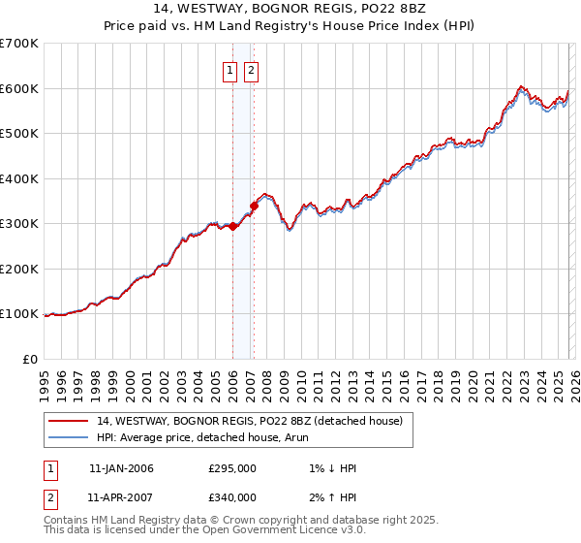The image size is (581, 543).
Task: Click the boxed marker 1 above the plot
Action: point(230,70)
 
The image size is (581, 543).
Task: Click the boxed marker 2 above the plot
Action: point(252,70)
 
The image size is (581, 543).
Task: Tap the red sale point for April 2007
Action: point(254,206)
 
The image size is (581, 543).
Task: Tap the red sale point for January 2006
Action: point(232,226)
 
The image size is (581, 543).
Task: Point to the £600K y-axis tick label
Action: point(19,88)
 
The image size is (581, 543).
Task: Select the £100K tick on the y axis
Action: point(19,314)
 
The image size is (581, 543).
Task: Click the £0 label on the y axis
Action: point(29,360)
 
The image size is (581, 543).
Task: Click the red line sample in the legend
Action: point(69,420)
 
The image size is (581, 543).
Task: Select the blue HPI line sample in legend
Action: point(69,436)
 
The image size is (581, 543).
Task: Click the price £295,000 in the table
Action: point(232,468)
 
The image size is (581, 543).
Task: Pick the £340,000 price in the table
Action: point(232,497)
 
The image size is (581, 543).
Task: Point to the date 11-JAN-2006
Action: point(121,468)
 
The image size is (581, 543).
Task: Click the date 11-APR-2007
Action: point(121,497)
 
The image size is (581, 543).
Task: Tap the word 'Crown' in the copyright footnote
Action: point(233,520)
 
